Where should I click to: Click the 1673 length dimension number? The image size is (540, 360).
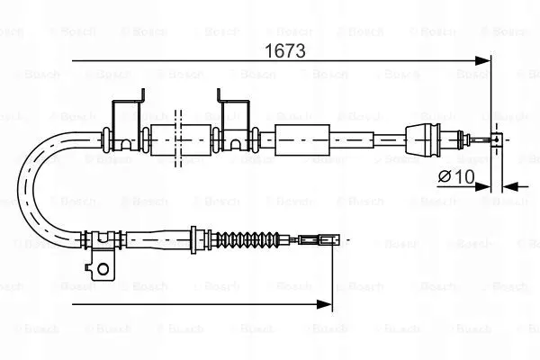pyautogui.click(x=284, y=51)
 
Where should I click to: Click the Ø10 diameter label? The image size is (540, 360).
pyautogui.click(x=456, y=176)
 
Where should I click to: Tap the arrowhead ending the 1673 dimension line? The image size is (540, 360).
pyautogui.click(x=482, y=61)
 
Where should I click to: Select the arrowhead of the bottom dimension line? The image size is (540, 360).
pyautogui.click(x=324, y=304)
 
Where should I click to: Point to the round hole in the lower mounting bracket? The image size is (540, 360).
pyautogui.click(x=103, y=269)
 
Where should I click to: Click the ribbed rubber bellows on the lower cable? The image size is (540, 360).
pyautogui.click(x=247, y=239)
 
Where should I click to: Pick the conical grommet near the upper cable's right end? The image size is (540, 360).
pyautogui.click(x=423, y=139)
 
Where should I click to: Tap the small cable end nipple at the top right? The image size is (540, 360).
pyautogui.click(x=496, y=139)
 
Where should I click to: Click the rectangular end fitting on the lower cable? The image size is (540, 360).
pyautogui.click(x=319, y=239)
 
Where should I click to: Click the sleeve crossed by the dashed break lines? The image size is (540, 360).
pyautogui.click(x=181, y=139)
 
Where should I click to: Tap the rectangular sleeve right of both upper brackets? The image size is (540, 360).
pyautogui.click(x=302, y=139)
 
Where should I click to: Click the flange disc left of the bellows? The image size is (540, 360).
pyautogui.click(x=193, y=239)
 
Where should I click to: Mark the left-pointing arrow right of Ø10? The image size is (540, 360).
pyautogui.click(x=515, y=187)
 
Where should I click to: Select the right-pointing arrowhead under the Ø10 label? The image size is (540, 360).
pyautogui.click(x=482, y=187)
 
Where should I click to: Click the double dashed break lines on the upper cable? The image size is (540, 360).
pyautogui.click(x=178, y=139)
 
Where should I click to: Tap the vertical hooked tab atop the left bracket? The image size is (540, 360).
pyautogui.click(x=142, y=95)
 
